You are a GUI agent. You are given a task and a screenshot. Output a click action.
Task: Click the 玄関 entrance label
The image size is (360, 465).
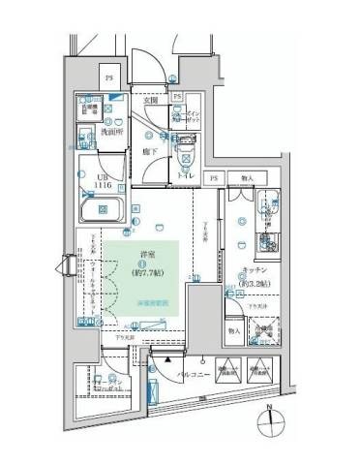(x=152, y=100)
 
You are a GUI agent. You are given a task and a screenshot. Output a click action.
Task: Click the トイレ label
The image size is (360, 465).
(x=184, y=176)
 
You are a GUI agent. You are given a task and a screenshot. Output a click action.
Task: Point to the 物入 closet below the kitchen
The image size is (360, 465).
(x=236, y=330)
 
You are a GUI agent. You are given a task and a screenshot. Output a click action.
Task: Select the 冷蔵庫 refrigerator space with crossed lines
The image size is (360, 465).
(x=262, y=332)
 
